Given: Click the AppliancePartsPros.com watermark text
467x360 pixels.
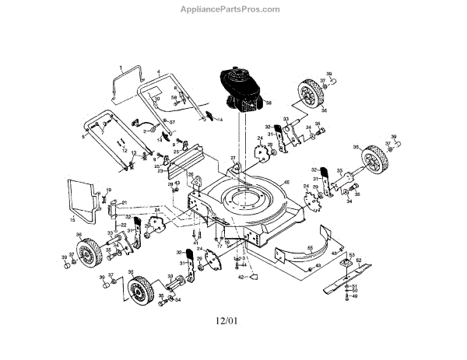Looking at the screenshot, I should coord(234,9).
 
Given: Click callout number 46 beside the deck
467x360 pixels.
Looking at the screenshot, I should coord(286,183).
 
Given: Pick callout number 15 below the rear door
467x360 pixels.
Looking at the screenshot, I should coord(73,220).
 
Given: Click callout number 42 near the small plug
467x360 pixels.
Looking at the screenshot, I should coord(241,276).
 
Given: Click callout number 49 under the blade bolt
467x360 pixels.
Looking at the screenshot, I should coord(355,296).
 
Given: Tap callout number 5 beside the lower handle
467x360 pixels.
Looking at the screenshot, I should coord(84,135).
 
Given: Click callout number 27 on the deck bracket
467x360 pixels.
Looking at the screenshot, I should coord(233,159).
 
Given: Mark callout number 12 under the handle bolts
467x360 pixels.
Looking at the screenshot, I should coord(124,149).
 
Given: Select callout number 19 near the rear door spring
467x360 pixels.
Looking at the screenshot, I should coord(109,190).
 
